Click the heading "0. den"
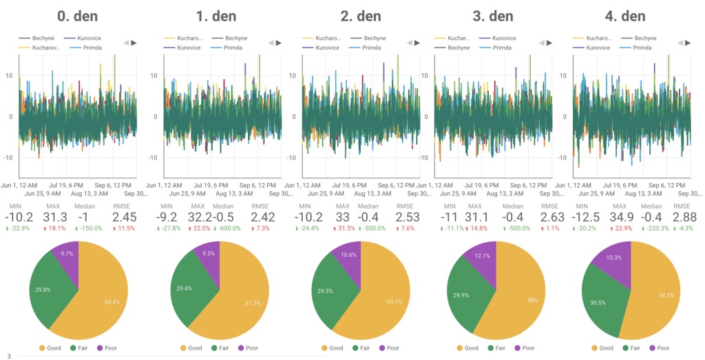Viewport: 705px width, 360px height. (77, 16)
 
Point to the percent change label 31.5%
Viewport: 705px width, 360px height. (346, 229)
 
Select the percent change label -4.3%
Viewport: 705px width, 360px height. (682, 229)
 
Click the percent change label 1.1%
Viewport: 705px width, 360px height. (549, 229)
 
